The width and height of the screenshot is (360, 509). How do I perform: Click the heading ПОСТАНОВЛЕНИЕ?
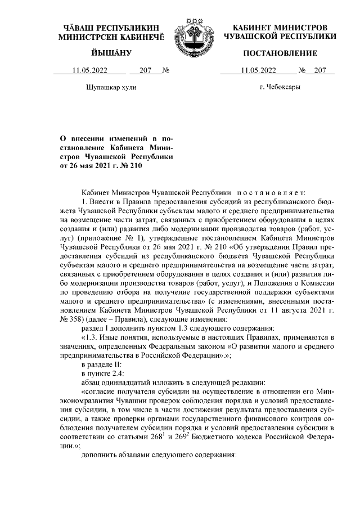click(280, 53)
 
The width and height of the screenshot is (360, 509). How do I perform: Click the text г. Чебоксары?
click(280, 88)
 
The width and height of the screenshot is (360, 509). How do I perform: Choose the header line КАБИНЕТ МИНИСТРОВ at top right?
click(280, 28)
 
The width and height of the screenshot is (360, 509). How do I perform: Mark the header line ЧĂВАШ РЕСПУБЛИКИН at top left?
click(111, 28)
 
